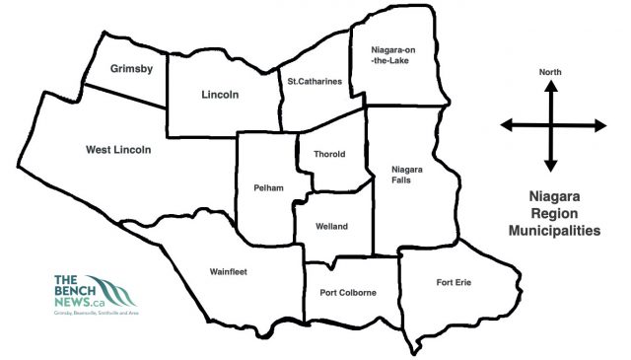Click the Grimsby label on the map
point(131,69)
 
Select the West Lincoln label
point(118,150)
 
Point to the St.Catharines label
point(315,82)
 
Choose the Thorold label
point(329,156)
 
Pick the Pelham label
point(268,187)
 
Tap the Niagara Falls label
point(406,175)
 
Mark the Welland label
point(331,227)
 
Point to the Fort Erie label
point(454,283)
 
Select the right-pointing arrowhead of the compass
point(597,125)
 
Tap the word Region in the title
point(553,213)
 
